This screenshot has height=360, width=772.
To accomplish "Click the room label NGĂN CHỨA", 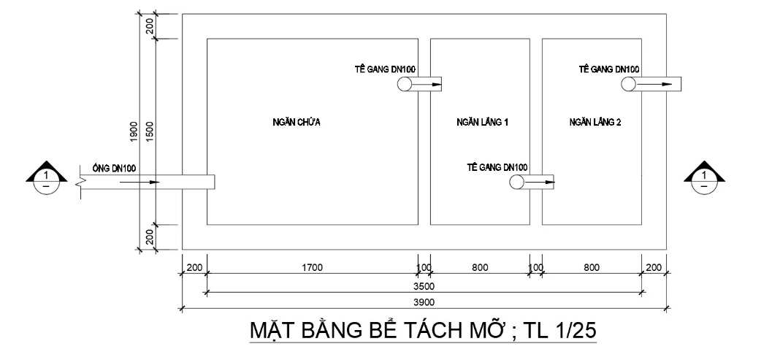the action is point(296,122).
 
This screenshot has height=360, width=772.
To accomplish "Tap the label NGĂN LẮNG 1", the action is point(482,122).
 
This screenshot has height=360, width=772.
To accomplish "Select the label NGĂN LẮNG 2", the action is point(595,122).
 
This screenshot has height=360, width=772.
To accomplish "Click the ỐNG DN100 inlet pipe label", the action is point(114,169).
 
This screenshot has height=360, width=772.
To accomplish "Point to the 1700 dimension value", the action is point(312,267).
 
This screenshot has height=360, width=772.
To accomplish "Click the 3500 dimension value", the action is point(424,286).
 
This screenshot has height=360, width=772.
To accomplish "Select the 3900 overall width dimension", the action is point(424,302).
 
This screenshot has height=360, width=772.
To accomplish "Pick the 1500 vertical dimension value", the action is point(150,132).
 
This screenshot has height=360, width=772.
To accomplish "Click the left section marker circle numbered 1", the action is point(46,183).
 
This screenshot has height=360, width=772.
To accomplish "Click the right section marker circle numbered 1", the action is point(704,183).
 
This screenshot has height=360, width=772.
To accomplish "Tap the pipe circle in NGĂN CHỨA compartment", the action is point(405,84).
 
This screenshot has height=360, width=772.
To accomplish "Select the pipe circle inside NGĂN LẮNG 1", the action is point(517,183).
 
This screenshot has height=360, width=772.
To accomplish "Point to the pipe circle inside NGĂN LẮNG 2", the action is point(628,84).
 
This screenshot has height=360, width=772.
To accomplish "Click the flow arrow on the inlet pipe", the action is point(140,183).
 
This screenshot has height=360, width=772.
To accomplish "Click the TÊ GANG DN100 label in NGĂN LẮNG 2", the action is point(609,69).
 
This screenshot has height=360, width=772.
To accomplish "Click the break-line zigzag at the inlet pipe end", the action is point(81,183).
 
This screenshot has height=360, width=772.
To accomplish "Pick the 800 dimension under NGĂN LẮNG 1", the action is point(480,267).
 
